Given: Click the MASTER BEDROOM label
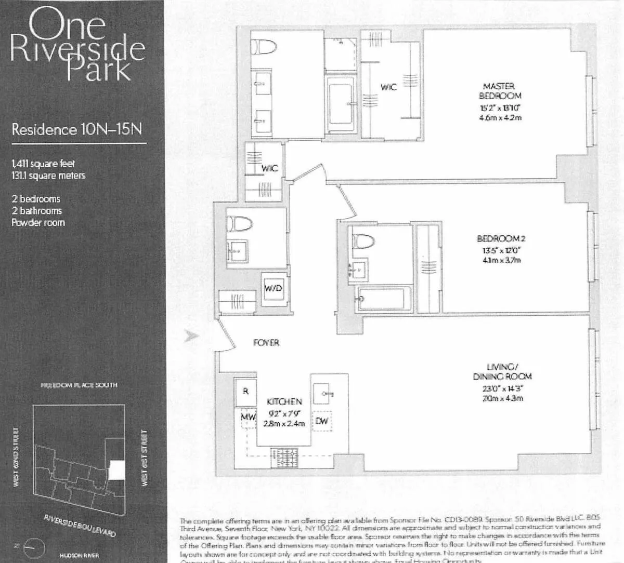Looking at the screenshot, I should pyautogui.click(x=500, y=91).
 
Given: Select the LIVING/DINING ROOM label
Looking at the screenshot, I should pyautogui.click(x=502, y=372).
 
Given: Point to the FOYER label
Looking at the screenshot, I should pyautogui.click(x=266, y=343).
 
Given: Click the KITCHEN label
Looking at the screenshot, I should pyautogui.click(x=284, y=401).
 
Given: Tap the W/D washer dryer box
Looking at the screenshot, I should pyautogui.click(x=274, y=289).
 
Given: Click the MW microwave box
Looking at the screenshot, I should pyautogui.click(x=248, y=417).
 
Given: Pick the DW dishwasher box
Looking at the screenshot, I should pyautogui.click(x=321, y=421).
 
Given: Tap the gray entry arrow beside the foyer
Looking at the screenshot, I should pyautogui.click(x=192, y=336).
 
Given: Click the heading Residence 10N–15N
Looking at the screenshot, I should pyautogui.click(x=76, y=129).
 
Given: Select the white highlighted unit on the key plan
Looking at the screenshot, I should pyautogui.click(x=117, y=471).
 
